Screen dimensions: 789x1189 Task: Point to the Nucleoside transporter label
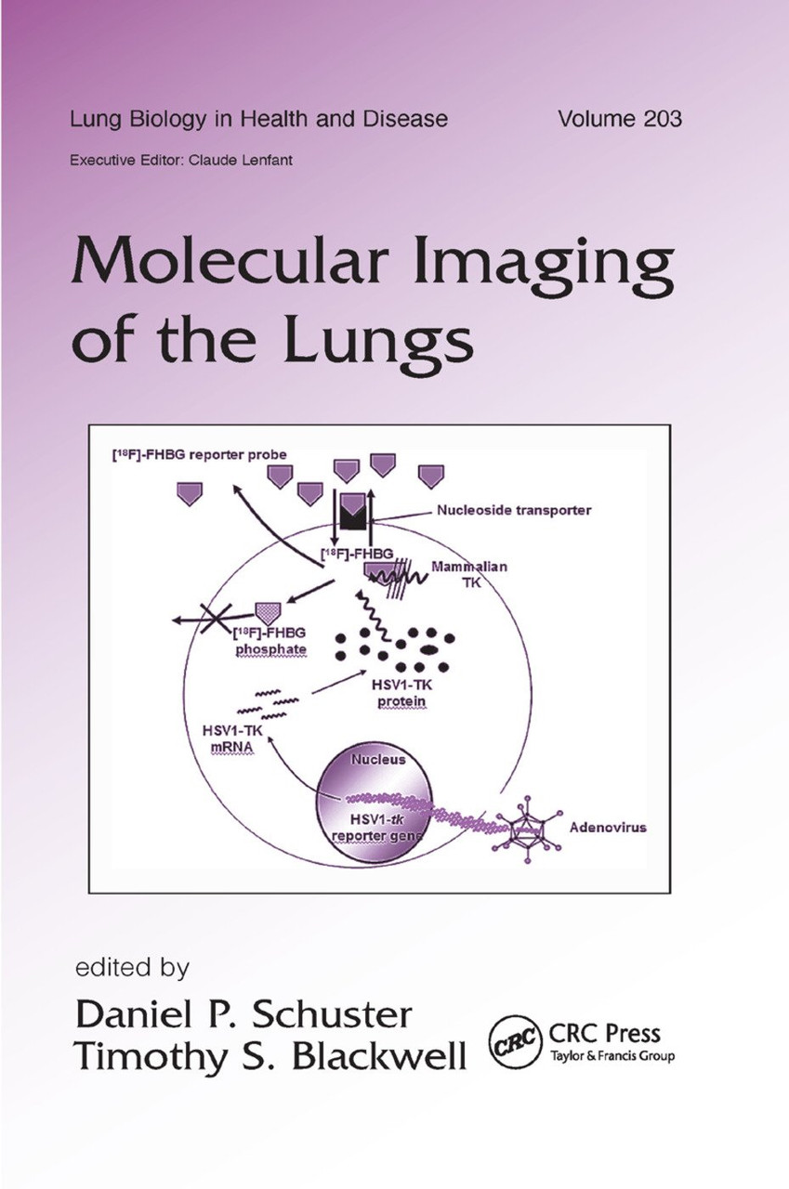coord(513,510)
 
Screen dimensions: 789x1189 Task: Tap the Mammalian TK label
coord(469,574)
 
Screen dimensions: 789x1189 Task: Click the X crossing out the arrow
coord(216,619)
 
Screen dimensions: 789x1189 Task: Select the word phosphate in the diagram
coord(270,649)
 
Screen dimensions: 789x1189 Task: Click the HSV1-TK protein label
coord(401,693)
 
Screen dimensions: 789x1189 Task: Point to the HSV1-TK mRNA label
coord(232,738)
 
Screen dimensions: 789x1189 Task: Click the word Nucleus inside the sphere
coord(378,760)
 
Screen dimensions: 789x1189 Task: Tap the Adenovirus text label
coord(608,827)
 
